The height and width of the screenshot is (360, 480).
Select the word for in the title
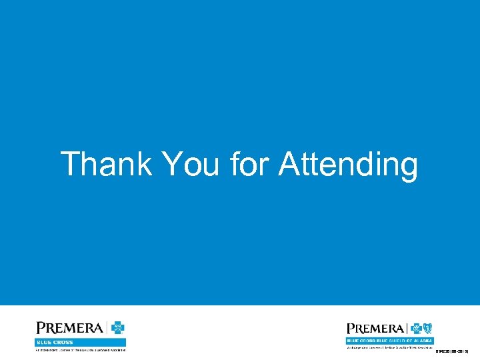pyautogui.click(x=250, y=164)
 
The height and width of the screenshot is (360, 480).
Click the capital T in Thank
pyautogui.click(x=70, y=164)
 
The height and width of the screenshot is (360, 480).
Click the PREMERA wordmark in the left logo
pyautogui.click(x=69, y=328)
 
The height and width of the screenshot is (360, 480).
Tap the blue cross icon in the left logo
pyautogui.click(x=118, y=328)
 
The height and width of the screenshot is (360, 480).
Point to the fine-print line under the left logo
pyautogui.click(x=80, y=349)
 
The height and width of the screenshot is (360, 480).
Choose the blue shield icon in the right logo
pyautogui.click(x=427, y=329)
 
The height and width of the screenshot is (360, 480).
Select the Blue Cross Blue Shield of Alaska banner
pyautogui.click(x=389, y=341)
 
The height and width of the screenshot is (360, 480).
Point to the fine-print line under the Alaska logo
pyautogui.click(x=389, y=347)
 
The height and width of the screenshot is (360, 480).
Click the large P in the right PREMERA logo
pyautogui.click(x=350, y=329)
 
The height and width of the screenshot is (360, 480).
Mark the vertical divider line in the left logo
pyautogui.click(x=107, y=328)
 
